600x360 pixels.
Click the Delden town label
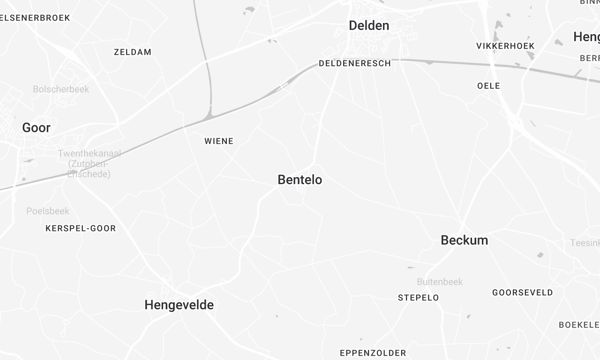coord(368,26)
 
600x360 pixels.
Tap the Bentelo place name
coord(299,180)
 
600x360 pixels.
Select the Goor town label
coord(36,128)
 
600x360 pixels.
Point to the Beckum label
coord(464,241)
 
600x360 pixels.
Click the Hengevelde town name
coord(179,305)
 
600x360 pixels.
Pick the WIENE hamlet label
coord(218,141)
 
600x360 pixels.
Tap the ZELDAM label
coord(133,51)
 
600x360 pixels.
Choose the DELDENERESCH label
coord(354,62)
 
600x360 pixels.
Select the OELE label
coord(489,86)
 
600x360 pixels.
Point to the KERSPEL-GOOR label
coord(81,229)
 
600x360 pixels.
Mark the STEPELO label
coord(418,298)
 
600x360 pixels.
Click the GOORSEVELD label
coord(523,293)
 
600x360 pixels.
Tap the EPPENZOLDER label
coord(374,353)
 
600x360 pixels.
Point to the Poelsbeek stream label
coord(48,211)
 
